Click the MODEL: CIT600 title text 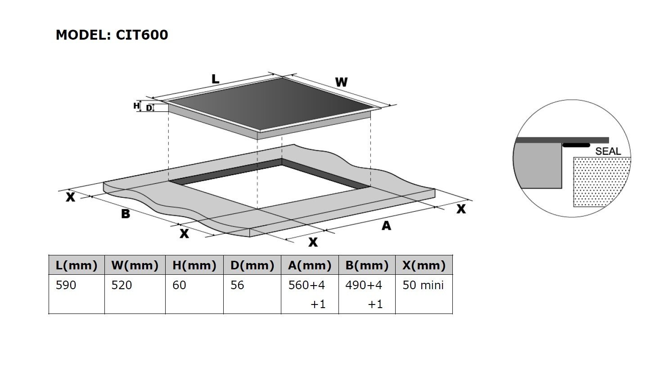(112, 35)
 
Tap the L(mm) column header (77, 265)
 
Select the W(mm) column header (135, 265)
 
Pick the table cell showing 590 (66, 285)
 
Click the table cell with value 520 (122, 285)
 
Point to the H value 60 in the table (179, 285)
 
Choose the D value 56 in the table (237, 285)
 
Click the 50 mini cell (423, 285)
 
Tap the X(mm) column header (424, 265)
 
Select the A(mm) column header (310, 265)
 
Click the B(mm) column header (367, 265)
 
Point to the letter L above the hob (216, 79)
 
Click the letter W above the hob (341, 82)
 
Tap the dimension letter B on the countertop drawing (126, 214)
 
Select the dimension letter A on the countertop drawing (386, 226)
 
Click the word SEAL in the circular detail (608, 151)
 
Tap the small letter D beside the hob (149, 108)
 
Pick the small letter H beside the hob (136, 106)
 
